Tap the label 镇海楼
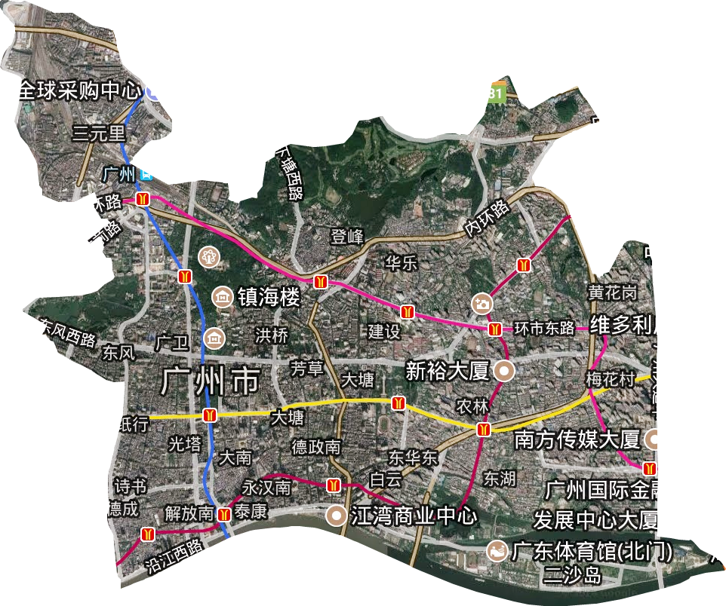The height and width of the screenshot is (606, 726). tap(269, 297)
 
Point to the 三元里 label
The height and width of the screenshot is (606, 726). tap(98, 135)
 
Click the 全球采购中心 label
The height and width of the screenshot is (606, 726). tap(78, 92)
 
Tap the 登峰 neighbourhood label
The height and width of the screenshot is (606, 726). tap(347, 236)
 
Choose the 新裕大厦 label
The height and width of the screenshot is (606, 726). tap(448, 370)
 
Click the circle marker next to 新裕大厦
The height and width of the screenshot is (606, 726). tap(503, 370)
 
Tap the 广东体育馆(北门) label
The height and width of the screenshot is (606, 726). tap(591, 551)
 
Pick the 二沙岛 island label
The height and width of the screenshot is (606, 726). tap(573, 577)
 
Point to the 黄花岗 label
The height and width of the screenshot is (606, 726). tap(612, 292)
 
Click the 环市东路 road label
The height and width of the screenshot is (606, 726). tap(545, 329)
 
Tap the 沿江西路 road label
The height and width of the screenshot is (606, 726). tap(174, 555)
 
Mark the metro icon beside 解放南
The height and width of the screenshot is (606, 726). tap(224, 516)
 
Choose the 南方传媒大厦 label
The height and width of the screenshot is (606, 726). tap(577, 439)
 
